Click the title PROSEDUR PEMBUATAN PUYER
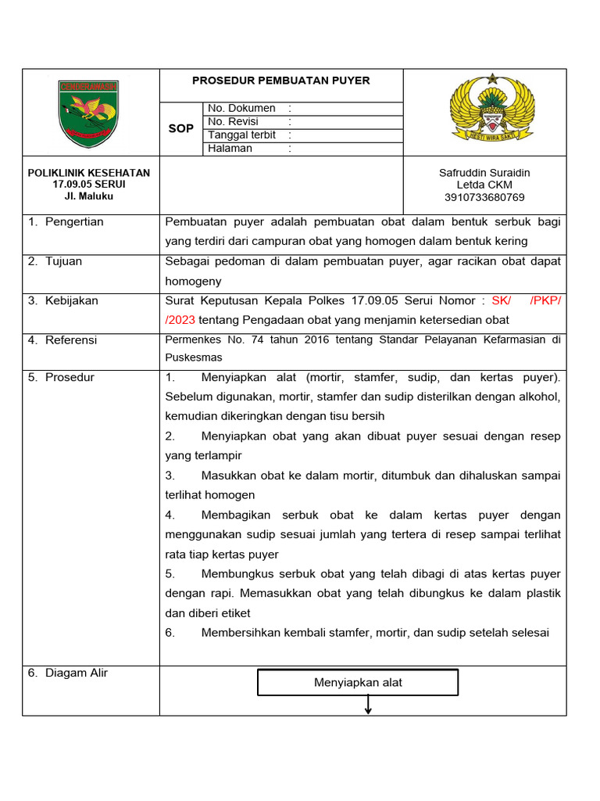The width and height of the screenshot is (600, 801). [x=281, y=81]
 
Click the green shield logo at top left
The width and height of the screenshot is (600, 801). [x=88, y=113]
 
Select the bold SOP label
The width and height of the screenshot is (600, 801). [x=181, y=128]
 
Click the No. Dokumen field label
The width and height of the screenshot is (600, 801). [x=241, y=109]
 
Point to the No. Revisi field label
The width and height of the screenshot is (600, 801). [x=233, y=122]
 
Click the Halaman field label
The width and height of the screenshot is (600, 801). [x=230, y=149]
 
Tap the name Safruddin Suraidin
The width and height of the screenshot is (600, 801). [x=484, y=173]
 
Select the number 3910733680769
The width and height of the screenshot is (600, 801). [x=484, y=198]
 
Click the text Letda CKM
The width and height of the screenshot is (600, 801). [x=484, y=185]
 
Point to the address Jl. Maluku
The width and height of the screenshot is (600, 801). [x=89, y=196]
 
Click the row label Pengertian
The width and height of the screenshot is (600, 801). [x=74, y=222]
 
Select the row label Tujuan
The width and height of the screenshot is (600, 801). [x=63, y=261]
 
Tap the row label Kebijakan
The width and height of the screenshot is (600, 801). [x=71, y=301]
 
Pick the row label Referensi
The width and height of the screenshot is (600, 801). [x=71, y=340]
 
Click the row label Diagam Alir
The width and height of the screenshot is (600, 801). [x=77, y=673]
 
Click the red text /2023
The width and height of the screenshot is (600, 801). [x=180, y=320]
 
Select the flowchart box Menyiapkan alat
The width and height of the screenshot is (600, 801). [x=358, y=683]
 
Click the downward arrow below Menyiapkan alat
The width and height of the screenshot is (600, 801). [x=367, y=705]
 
